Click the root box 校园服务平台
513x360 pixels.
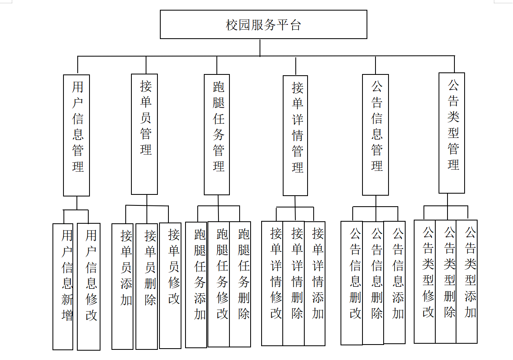point(263,25)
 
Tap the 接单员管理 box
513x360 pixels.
point(144,134)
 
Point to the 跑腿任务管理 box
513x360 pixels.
point(217,134)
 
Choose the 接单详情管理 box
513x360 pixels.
point(295,135)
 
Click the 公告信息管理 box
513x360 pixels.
point(375,135)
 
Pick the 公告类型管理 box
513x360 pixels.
point(452,133)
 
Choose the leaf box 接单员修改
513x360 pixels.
point(170,285)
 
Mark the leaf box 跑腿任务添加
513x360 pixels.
point(196,285)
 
